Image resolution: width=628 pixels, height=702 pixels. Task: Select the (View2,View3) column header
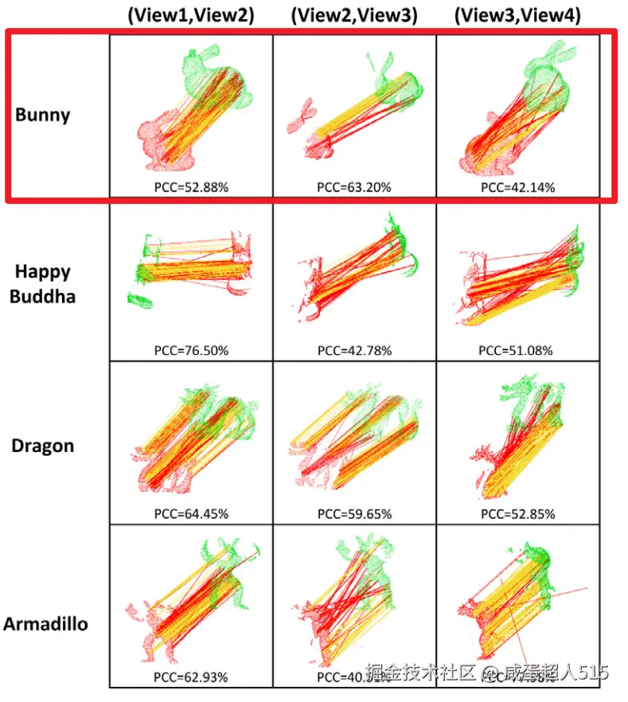coord(354,16)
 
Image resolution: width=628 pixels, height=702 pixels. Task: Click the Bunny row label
coord(43,115)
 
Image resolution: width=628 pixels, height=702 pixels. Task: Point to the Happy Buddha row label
coord(43,283)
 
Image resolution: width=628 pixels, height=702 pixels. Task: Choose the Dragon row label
coord(43,446)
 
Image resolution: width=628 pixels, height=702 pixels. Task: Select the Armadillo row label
coord(45,623)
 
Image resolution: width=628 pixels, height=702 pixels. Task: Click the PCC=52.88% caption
coord(191,188)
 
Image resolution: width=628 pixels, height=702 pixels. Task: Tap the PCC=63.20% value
coord(354,188)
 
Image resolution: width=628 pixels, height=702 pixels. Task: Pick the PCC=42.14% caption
coord(517,188)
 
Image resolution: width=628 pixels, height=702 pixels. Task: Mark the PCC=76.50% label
coord(191,350)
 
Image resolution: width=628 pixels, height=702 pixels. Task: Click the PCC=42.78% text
coord(354,350)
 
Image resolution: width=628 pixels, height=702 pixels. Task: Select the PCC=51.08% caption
coord(517,350)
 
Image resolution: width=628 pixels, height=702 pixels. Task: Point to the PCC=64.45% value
coord(191,514)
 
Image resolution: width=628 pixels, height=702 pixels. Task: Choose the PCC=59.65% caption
coord(354,514)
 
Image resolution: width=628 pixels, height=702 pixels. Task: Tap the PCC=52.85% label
coord(517,514)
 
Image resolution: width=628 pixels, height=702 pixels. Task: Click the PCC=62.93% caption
coord(191,678)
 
